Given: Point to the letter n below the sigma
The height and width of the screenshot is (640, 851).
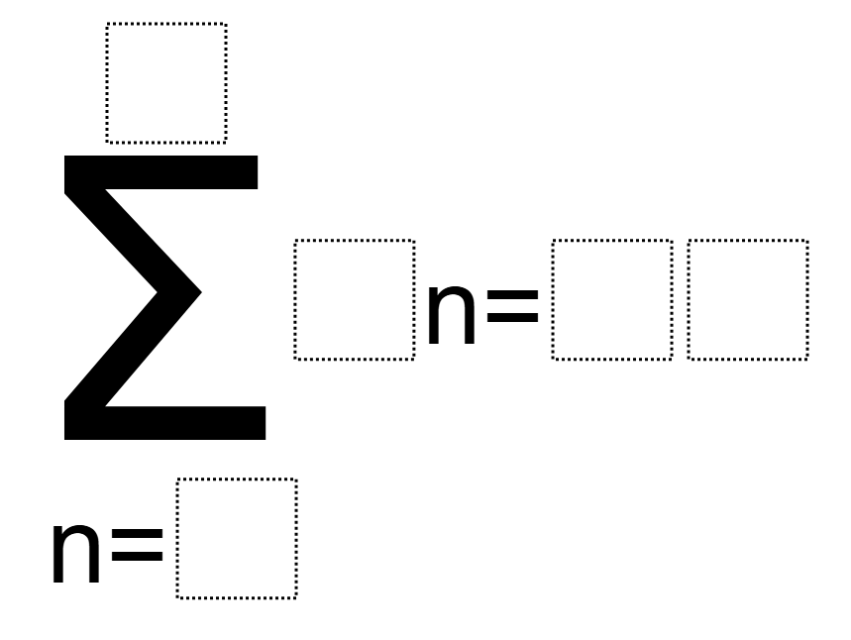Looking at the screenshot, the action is [76, 552].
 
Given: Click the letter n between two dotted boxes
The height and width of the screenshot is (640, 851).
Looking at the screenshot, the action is [452, 313].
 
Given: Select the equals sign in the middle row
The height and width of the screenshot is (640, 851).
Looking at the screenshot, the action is [512, 304].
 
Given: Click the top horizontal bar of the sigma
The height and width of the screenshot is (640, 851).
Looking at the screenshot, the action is [161, 172].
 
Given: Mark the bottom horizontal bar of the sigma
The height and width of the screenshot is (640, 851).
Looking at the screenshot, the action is [165, 423].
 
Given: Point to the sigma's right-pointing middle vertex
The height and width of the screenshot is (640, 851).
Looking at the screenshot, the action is [200, 292].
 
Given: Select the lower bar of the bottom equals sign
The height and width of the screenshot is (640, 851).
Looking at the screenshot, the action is [137, 557].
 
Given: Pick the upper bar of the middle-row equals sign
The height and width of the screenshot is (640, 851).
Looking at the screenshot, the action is [512, 292].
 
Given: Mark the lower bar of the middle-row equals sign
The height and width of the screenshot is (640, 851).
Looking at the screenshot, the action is [512, 318].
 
